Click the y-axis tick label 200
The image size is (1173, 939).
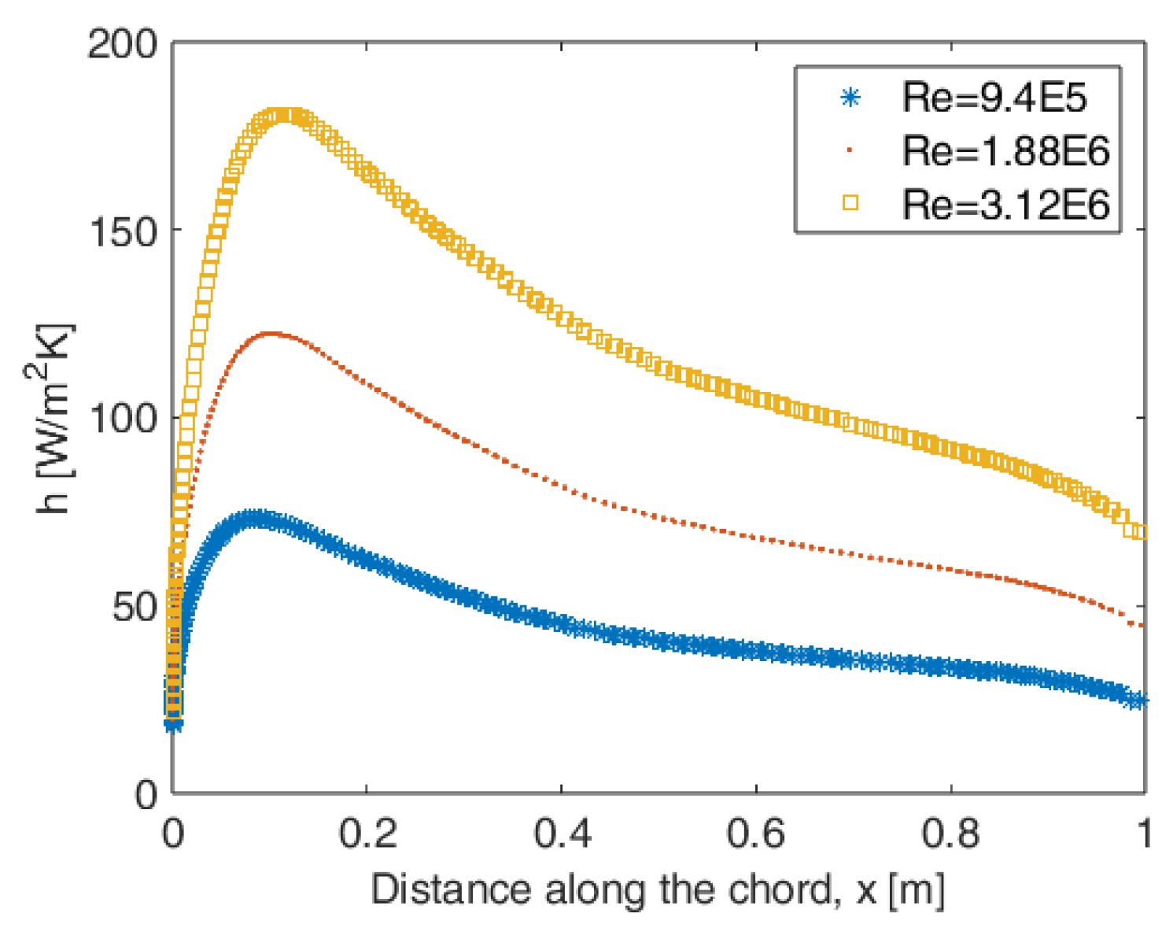click(x=122, y=45)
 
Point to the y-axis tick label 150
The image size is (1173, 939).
click(x=122, y=232)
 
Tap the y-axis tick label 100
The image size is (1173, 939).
click(x=122, y=420)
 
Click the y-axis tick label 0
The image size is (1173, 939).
click(x=146, y=795)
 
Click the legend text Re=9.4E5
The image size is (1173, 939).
click(x=994, y=98)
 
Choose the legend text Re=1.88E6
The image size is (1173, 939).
click(x=1005, y=151)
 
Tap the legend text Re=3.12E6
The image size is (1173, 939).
click(x=1005, y=205)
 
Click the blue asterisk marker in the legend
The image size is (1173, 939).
click(x=850, y=98)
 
